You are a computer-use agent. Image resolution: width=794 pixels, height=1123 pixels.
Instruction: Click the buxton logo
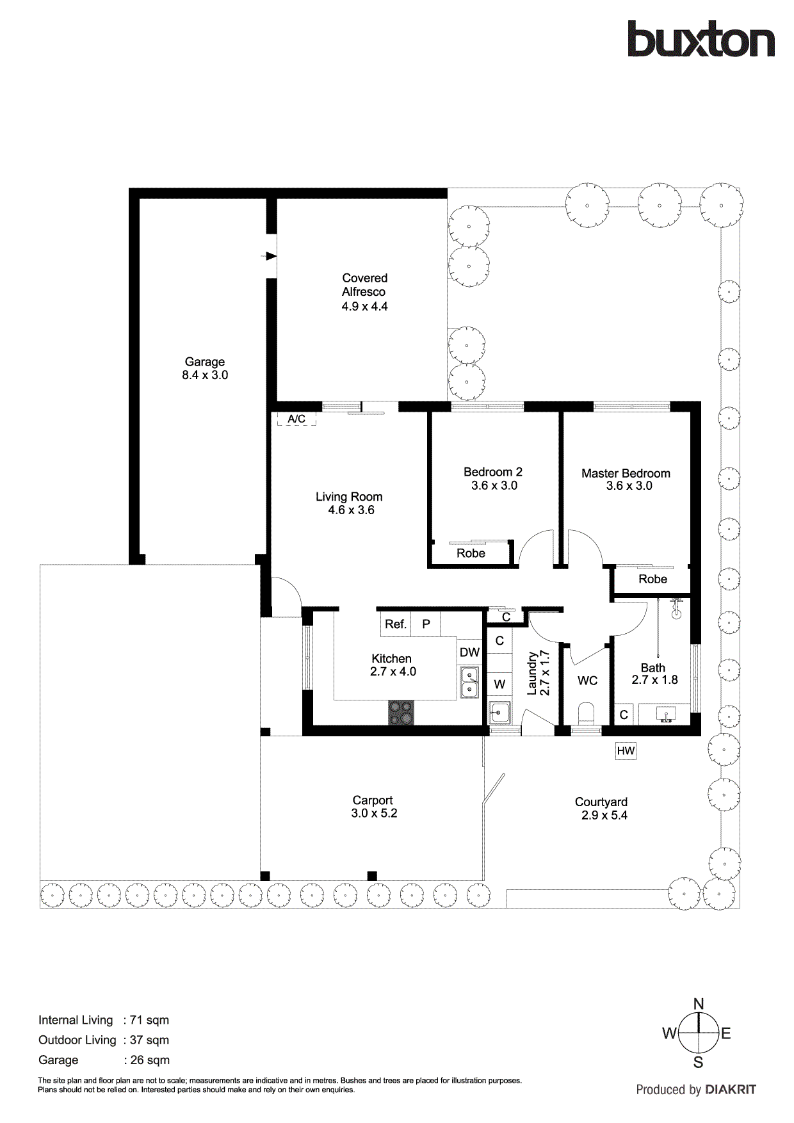click(701, 40)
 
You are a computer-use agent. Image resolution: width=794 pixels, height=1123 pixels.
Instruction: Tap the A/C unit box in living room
click(296, 419)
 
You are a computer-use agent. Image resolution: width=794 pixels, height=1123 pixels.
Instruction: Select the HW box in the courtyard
click(626, 751)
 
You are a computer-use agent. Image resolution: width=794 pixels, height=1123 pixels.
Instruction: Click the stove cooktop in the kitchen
click(401, 713)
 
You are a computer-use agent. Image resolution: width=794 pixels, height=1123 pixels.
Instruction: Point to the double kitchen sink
click(469, 683)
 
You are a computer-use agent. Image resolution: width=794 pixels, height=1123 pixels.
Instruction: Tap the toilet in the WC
click(586, 713)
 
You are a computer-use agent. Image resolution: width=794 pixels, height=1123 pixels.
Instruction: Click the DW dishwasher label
click(469, 652)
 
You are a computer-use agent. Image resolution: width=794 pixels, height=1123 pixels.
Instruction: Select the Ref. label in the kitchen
click(396, 624)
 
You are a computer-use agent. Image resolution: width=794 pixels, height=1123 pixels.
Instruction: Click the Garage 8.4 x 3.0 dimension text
click(205, 375)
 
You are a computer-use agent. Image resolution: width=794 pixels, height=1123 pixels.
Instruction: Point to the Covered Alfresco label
click(364, 285)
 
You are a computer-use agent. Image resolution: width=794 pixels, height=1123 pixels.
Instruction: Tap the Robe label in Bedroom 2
click(471, 554)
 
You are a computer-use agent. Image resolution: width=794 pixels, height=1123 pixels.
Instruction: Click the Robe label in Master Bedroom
click(652, 579)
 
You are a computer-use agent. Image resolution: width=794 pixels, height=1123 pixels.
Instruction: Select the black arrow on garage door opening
click(271, 256)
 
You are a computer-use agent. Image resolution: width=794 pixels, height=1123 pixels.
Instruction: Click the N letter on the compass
click(699, 1004)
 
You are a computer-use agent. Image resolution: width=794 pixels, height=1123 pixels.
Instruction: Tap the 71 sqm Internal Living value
click(149, 1020)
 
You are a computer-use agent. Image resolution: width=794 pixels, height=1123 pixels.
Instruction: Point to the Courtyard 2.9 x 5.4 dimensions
click(604, 816)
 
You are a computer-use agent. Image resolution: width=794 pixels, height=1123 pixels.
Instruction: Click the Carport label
click(373, 800)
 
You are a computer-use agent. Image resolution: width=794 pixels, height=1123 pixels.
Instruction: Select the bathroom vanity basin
click(666, 715)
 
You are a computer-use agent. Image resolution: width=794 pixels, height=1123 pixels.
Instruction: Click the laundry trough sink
click(499, 711)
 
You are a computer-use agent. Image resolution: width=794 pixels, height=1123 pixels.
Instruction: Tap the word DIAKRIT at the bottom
click(731, 1090)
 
